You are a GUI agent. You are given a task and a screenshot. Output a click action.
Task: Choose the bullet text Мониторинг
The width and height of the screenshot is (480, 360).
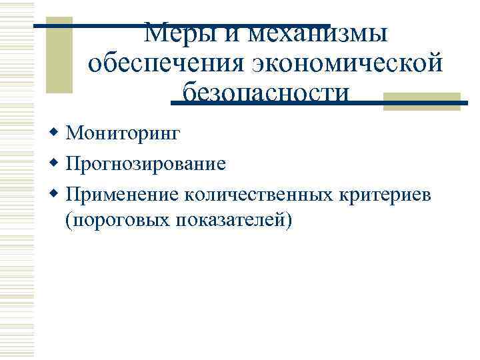coord(123,134)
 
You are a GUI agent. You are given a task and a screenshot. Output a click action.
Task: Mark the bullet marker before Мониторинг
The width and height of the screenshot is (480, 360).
coord(55,133)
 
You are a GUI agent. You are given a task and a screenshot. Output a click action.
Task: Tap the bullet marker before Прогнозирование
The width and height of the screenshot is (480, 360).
coord(55,163)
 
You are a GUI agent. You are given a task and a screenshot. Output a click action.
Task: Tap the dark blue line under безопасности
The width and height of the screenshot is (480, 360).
coord(320,103)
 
